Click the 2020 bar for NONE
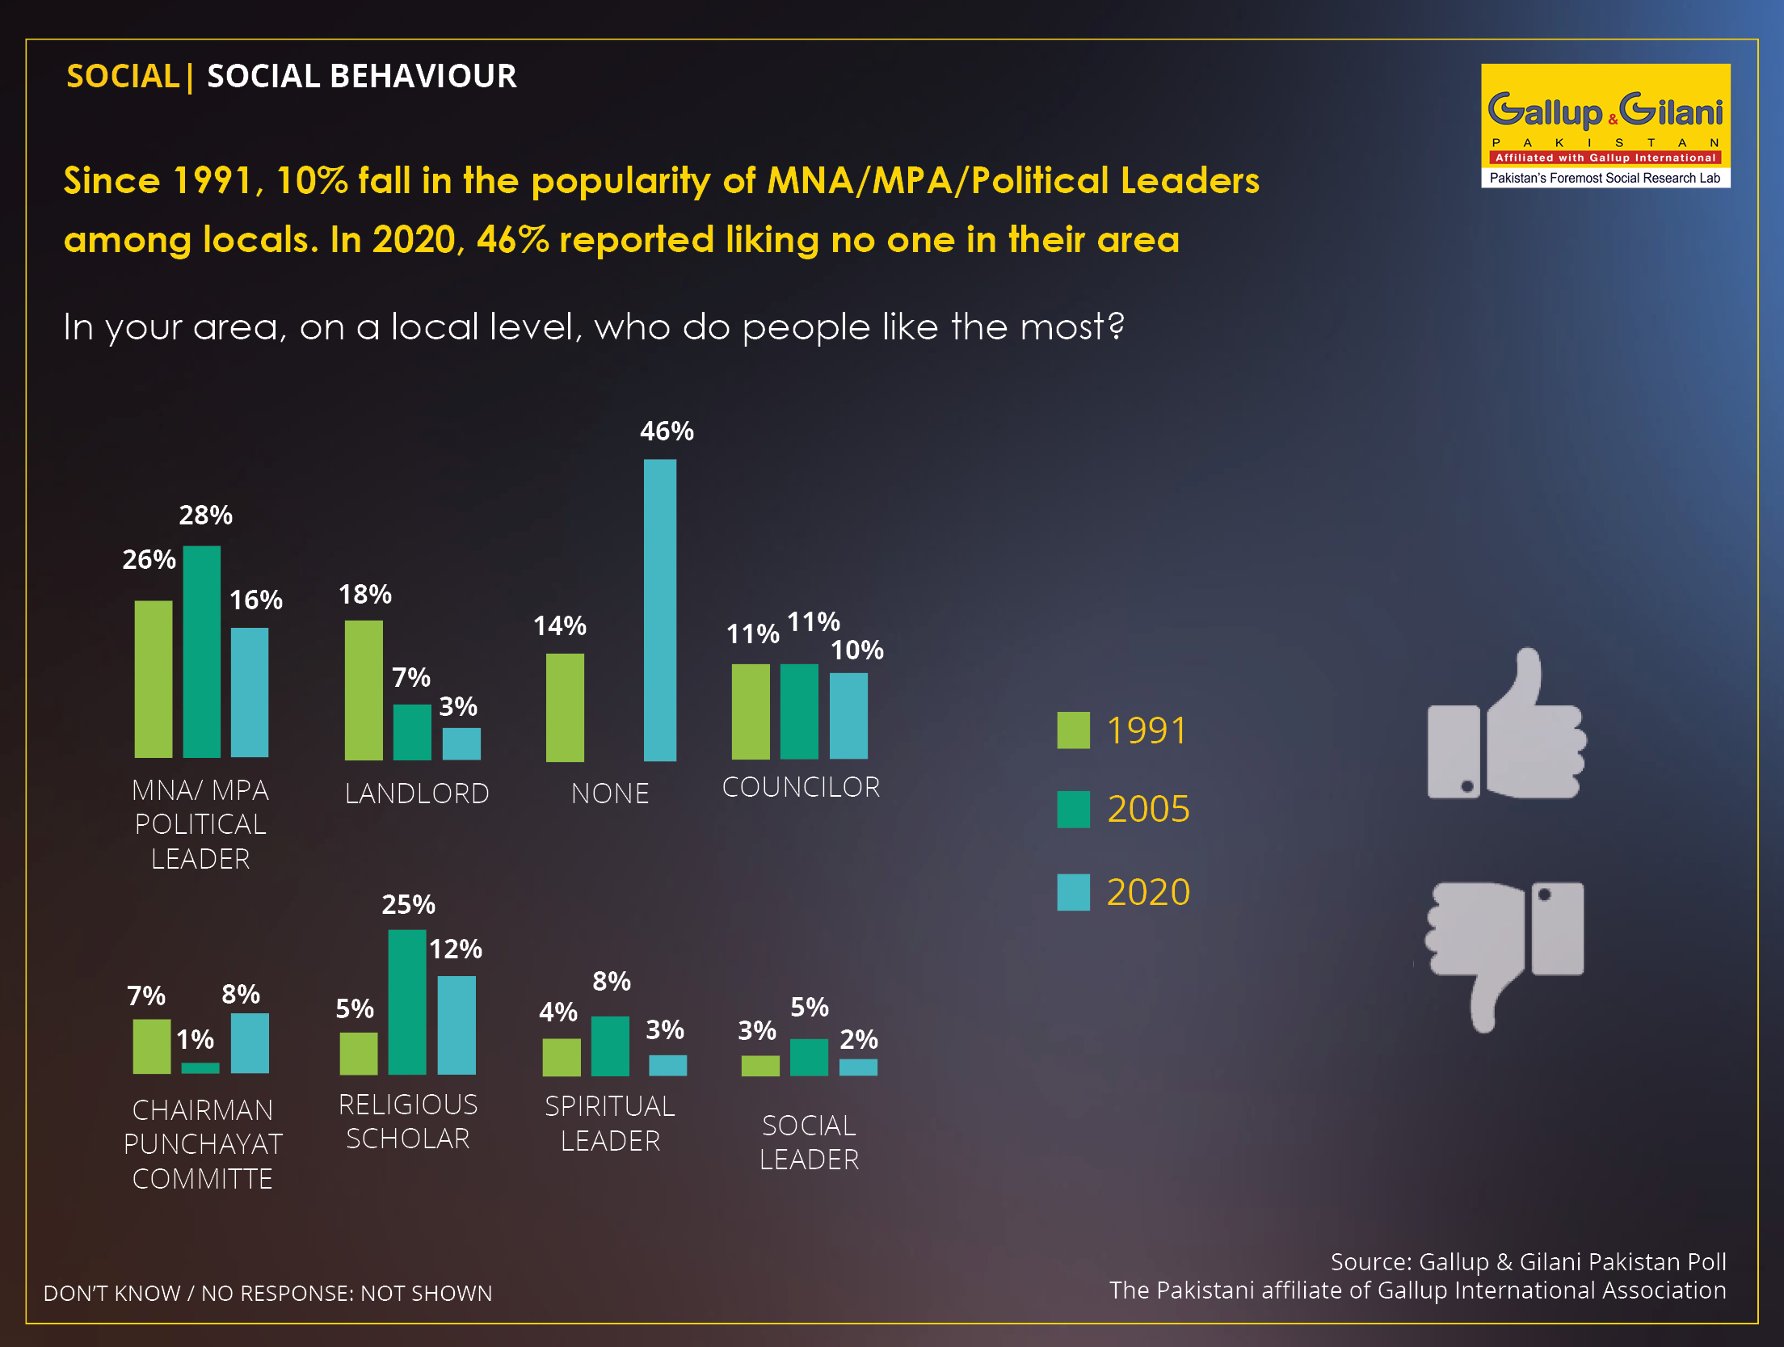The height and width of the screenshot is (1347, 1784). (660, 610)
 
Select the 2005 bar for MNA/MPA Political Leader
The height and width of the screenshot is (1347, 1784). (202, 651)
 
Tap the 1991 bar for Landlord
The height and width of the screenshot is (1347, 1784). (364, 690)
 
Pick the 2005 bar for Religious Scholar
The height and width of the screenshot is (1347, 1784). (407, 1002)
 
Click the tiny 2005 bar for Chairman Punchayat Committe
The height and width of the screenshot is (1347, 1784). (200, 1068)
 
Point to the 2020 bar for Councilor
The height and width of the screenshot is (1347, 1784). (848, 716)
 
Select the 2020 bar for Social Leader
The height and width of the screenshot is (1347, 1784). (858, 1067)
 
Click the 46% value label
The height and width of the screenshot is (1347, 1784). (667, 431)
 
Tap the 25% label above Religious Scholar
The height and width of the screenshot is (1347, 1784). (408, 904)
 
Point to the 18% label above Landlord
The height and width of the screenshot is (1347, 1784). (365, 595)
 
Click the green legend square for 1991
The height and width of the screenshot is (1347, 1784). (1074, 730)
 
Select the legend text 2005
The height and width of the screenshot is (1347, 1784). (1148, 809)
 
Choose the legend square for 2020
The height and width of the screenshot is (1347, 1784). (1074, 892)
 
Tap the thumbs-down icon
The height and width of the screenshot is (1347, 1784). (1504, 957)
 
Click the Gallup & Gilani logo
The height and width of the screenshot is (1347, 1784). (1605, 125)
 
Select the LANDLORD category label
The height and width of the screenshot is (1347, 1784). (417, 793)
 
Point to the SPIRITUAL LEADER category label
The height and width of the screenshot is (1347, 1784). (610, 1123)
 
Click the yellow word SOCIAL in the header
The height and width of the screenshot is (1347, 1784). (123, 76)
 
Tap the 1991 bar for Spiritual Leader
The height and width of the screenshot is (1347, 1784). (562, 1057)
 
